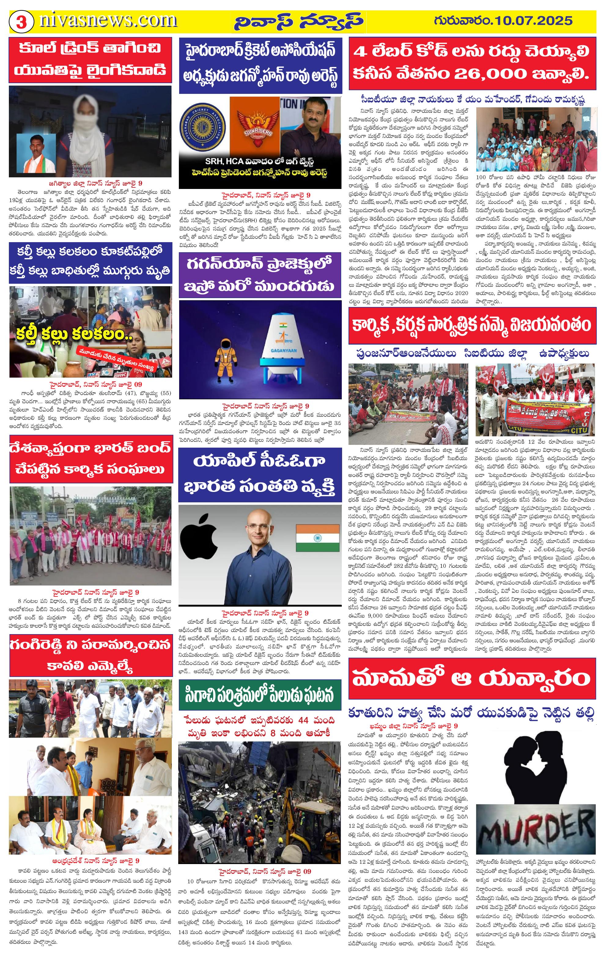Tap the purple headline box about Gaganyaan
coord(260,275)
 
